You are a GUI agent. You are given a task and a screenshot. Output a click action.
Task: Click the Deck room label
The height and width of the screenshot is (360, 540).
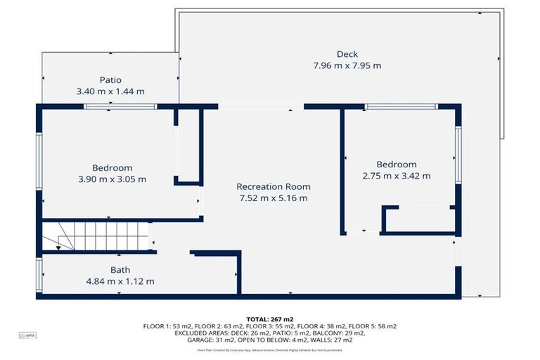coord(347,54)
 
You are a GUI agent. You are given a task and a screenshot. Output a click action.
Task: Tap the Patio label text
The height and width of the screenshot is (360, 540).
coord(110,80)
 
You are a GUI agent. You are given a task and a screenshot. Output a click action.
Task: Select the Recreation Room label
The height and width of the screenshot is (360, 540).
coord(273,186)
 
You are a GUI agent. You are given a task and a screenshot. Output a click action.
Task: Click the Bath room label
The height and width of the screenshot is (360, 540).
coord(120,270)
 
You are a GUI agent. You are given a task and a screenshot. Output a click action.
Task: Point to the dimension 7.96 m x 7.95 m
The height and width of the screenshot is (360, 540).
coord(347,66)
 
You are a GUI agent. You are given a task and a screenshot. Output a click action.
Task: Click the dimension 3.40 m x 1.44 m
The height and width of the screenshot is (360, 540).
coord(110,91)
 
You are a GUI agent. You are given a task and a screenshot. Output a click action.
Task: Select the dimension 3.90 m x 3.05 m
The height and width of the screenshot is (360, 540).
coord(112,179)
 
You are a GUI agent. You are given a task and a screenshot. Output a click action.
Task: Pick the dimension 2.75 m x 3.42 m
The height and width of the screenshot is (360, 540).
coord(396,176)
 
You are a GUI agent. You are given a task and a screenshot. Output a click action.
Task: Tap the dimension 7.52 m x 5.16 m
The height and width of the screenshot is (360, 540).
coord(273,198)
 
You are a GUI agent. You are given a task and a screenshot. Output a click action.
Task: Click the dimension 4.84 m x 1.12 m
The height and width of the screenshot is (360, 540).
coord(120,281)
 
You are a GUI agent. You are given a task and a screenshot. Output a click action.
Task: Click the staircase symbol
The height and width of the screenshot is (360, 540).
coord(96,236)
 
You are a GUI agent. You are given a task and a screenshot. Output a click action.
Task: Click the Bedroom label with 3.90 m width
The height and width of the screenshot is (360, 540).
coord(112,168)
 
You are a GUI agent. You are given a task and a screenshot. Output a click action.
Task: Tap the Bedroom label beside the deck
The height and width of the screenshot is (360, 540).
coord(396,165)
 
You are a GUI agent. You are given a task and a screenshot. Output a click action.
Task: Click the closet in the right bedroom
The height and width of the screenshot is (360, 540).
coord(420,219)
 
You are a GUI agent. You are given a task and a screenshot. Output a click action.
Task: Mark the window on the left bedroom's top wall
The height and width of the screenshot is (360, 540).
coord(120,106)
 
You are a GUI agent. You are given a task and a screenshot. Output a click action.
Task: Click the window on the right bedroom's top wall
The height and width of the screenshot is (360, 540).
coord(401,106)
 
